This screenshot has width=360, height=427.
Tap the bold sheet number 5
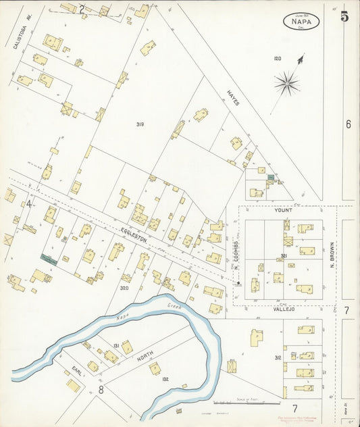pyautogui.click(x=344, y=17)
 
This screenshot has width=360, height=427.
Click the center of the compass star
pyautogui.click(x=287, y=84)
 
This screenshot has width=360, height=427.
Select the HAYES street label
pyautogui.click(x=234, y=99)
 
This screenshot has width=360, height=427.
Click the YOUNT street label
pyautogui.click(x=283, y=210)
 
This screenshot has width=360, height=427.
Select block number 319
pyautogui.click(x=140, y=124)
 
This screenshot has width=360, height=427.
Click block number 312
pyautogui.click(x=278, y=357)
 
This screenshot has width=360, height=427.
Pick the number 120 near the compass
pyautogui.click(x=277, y=59)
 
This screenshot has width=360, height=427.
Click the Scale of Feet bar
pyautogui.click(x=249, y=404)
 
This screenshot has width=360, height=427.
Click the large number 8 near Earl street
pyautogui.click(x=101, y=389)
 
